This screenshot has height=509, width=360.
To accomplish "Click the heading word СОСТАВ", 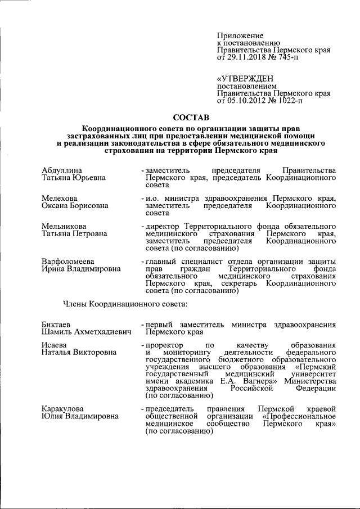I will coord(191,118).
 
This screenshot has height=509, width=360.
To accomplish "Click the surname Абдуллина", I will coord(62,170).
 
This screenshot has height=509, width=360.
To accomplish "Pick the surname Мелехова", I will coord(60,199).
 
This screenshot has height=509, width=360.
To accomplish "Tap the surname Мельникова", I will coord(63,226).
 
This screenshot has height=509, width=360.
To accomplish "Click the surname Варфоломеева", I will coord(68,262).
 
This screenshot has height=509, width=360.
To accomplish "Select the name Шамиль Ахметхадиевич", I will coord(82,332).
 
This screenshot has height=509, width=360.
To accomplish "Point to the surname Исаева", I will coord(55,344).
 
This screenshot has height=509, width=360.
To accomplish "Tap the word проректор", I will coord(164,344).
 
